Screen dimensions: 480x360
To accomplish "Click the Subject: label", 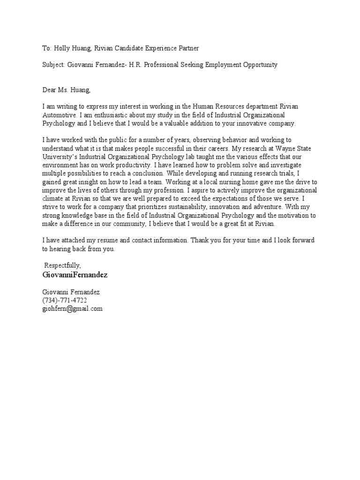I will coord(54,65).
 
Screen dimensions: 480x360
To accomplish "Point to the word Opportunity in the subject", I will coord(259,65).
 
